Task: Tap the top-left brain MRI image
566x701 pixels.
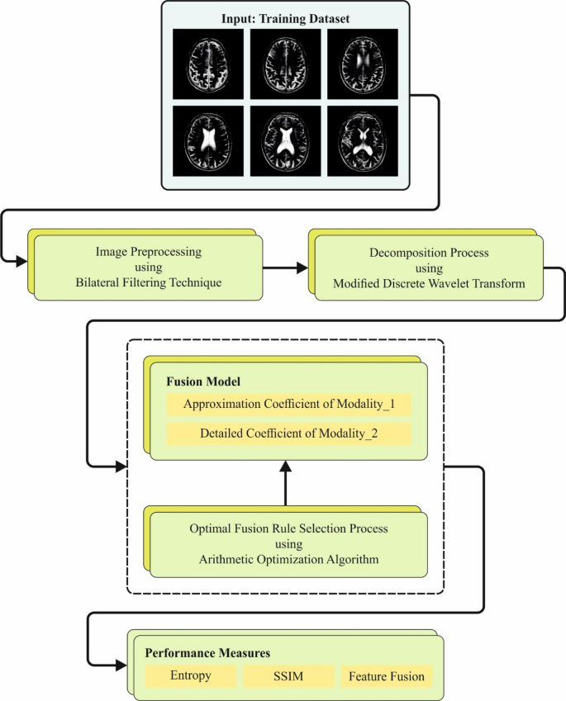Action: [x=207, y=63]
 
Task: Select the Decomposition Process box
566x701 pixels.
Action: [x=428, y=268]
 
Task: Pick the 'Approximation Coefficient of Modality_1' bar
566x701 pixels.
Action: [x=288, y=405]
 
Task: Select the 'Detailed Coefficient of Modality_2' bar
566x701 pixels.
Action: [x=288, y=433]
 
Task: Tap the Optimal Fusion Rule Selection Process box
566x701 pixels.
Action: [x=288, y=543]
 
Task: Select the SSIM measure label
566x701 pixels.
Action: [x=288, y=676]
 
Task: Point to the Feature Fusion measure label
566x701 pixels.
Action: [x=386, y=676]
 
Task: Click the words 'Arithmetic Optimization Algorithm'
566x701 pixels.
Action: [x=288, y=559]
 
